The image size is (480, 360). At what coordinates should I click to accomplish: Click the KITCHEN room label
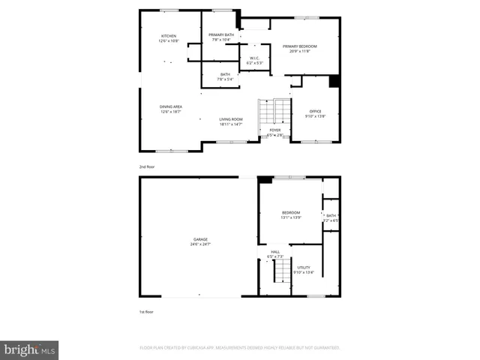pos(168,36)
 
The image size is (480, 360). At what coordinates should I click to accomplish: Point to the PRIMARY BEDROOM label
pos(300,46)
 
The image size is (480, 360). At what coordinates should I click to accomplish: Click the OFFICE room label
pos(315,111)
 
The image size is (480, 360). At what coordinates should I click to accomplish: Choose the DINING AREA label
pos(171,106)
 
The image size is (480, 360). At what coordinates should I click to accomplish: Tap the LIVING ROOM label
pos(231,119)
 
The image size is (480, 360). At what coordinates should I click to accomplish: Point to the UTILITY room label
pos(304,267)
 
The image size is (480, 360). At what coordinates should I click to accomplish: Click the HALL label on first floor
pos(275,252)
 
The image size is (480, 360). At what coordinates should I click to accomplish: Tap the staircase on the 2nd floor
pos(268,112)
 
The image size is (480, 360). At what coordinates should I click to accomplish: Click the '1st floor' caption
pos(146,310)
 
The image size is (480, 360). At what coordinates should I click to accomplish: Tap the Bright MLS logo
pos(29,349)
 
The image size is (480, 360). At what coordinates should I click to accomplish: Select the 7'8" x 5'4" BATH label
pos(225,76)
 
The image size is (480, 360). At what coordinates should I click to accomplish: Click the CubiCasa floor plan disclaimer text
pos(240,348)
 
